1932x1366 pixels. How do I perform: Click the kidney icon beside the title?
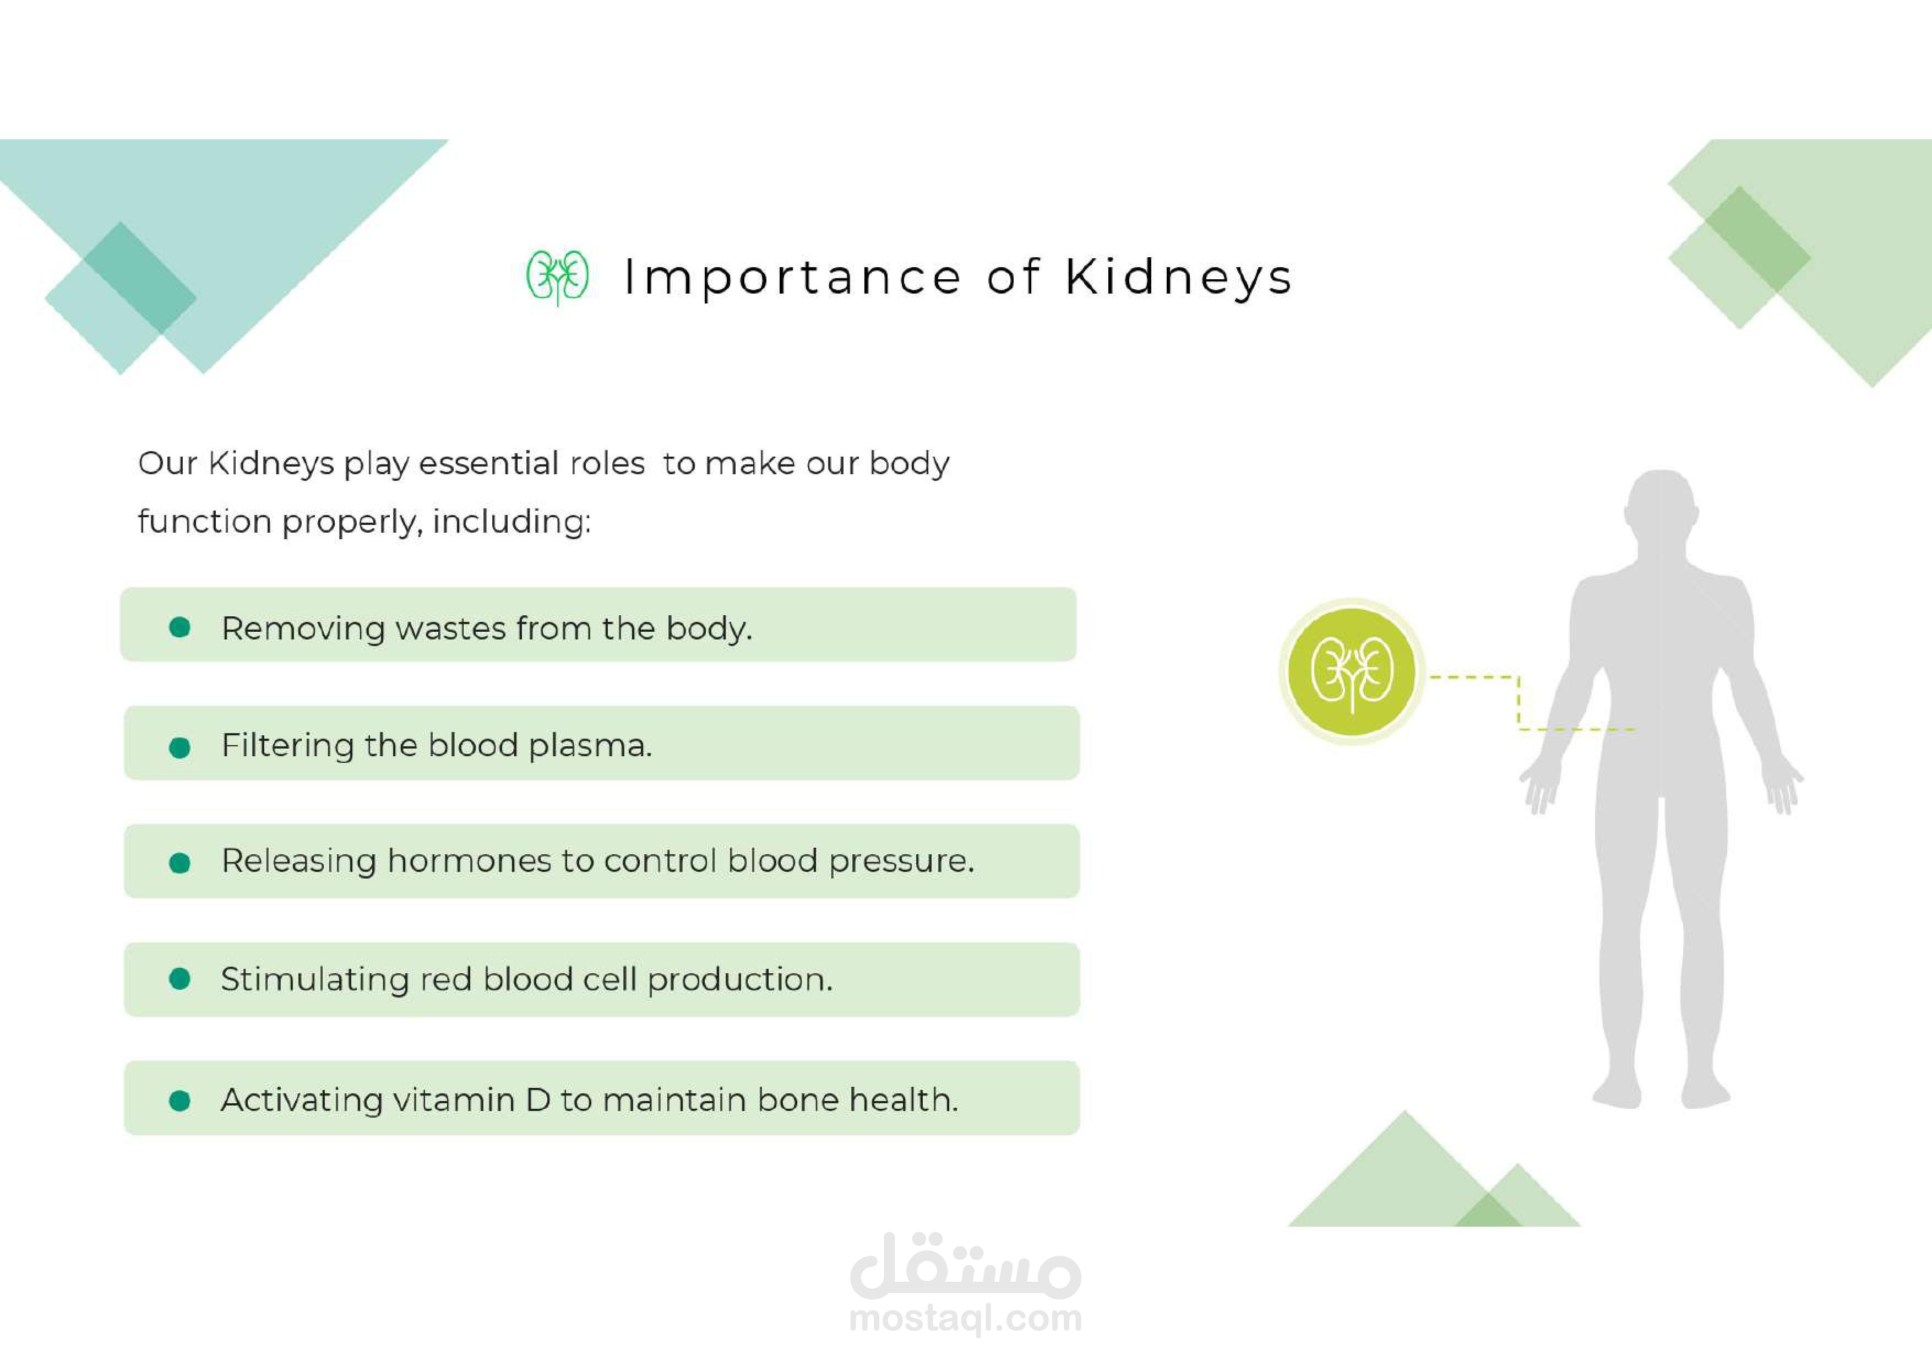coord(557,277)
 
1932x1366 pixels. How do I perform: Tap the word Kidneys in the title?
coord(1178,278)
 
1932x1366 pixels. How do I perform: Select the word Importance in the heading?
coord(793,278)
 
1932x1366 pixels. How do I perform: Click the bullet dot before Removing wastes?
coord(179,627)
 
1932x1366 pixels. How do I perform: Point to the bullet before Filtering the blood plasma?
coord(179,747)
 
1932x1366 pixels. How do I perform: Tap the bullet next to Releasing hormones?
coord(179,863)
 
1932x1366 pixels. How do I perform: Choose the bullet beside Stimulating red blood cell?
coord(179,978)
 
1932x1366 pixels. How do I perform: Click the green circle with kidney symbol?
coord(1351,671)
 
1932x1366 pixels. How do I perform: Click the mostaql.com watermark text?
coord(966,1318)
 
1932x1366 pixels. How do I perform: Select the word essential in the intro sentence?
coord(489,464)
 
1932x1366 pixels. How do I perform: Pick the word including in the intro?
coord(511,522)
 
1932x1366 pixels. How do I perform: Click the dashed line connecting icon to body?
coord(1519,702)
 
